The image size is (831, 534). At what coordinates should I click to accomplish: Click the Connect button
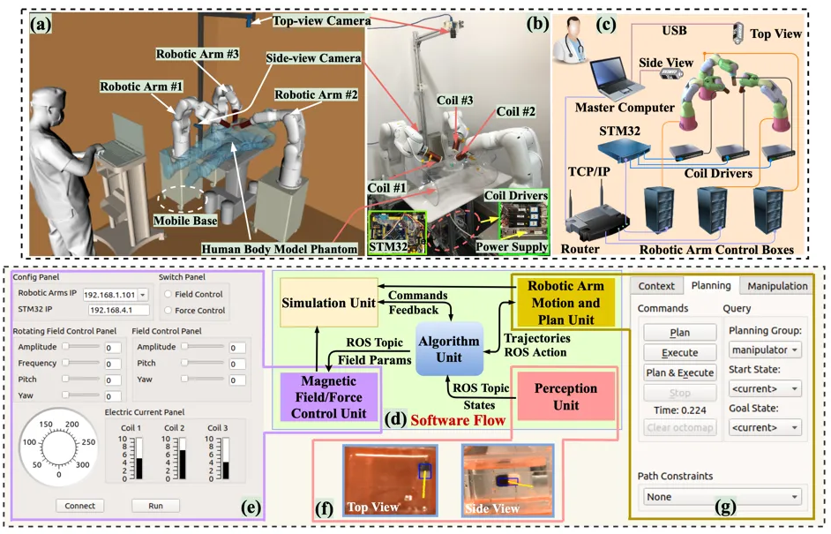[x=79, y=506]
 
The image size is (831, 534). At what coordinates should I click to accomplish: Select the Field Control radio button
[x=168, y=294]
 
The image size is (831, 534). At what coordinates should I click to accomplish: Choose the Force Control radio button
[x=168, y=310]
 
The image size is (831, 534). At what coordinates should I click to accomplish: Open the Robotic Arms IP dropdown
[x=143, y=294]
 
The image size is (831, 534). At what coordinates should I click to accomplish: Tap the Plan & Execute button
[x=680, y=372]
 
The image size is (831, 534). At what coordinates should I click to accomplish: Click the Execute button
[x=680, y=352]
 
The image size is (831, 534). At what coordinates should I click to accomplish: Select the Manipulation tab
[x=777, y=286]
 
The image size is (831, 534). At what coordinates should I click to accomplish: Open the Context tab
[x=656, y=286]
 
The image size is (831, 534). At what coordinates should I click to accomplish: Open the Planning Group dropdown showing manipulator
[x=765, y=350]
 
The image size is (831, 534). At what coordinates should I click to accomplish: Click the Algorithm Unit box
[x=449, y=349]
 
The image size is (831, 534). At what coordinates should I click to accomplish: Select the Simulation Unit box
[x=328, y=302]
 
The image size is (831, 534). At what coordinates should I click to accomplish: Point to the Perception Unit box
[x=565, y=396]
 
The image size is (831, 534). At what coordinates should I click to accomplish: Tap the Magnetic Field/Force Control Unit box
[x=328, y=396]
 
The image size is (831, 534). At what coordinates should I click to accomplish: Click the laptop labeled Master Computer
[x=615, y=79]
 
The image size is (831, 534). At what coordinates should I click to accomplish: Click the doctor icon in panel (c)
[x=569, y=41]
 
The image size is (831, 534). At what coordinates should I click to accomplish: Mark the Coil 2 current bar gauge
[x=182, y=459]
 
